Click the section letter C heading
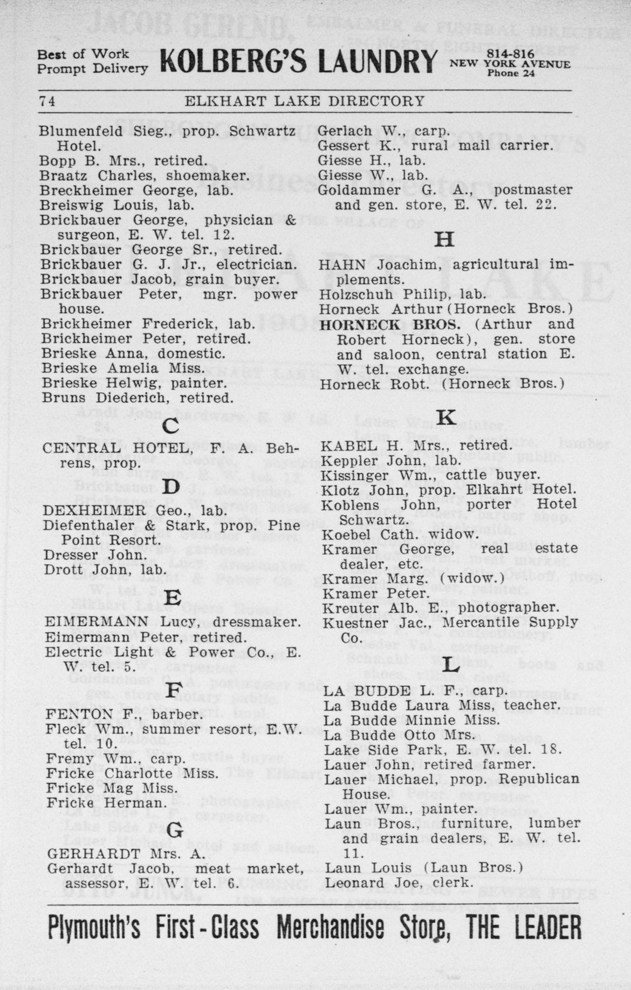click(170, 427)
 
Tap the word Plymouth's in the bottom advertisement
click(94, 928)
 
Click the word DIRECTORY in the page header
click(378, 101)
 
